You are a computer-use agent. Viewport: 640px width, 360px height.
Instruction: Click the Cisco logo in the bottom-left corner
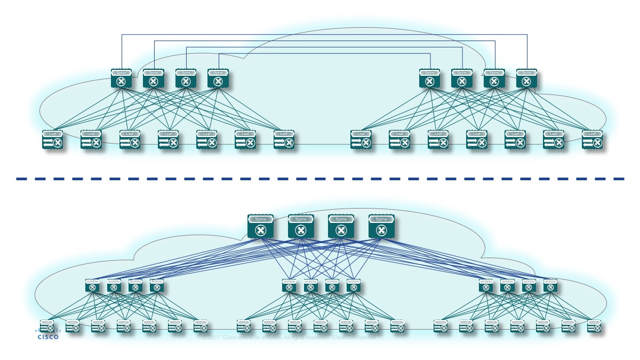tap(48, 334)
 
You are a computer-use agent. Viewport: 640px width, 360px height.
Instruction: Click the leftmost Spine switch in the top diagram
tap(121, 78)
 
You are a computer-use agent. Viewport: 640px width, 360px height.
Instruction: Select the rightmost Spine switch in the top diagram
tap(526, 78)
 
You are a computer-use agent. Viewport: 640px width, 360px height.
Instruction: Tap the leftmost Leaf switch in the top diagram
tap(52, 140)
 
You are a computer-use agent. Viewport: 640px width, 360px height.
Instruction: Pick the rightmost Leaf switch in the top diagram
tap(592, 140)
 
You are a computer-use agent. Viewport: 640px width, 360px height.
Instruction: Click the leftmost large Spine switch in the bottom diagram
tap(260, 226)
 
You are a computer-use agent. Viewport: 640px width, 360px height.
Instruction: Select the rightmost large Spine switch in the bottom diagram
tap(381, 226)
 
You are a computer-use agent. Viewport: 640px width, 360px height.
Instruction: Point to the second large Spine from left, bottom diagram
tap(301, 226)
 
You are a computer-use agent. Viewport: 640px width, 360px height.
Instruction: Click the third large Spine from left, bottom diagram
tap(341, 226)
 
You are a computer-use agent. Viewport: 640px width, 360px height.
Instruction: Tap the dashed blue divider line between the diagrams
tap(320, 179)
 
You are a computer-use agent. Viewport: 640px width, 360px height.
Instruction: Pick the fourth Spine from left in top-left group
tap(217, 78)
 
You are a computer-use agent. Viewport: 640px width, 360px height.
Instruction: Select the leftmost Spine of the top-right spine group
tap(429, 78)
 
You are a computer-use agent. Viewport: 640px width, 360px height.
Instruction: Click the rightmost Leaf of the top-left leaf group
tap(284, 140)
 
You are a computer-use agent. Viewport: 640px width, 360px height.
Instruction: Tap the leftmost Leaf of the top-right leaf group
tap(361, 140)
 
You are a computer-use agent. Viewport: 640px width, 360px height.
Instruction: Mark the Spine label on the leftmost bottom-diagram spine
tap(260, 219)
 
